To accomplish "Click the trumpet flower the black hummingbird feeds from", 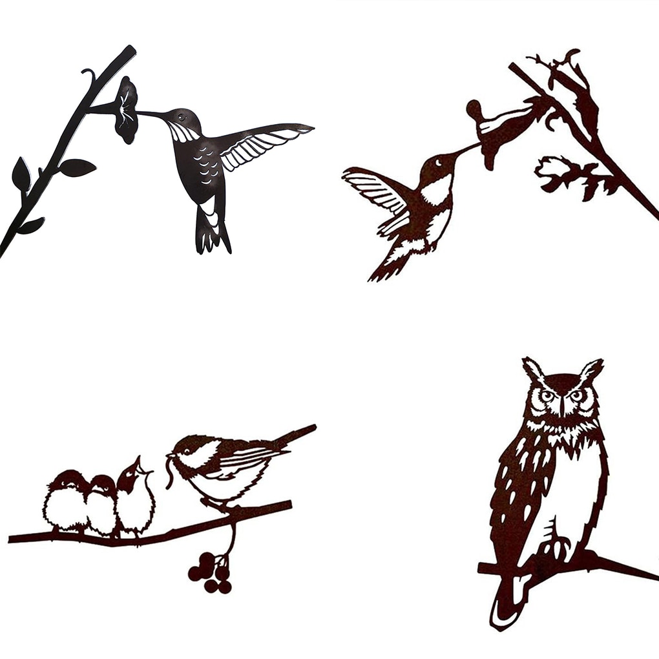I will point(127,110).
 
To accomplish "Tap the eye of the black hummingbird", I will point(181,118).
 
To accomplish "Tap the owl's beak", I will point(563,408).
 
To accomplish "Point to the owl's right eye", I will point(576,395).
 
